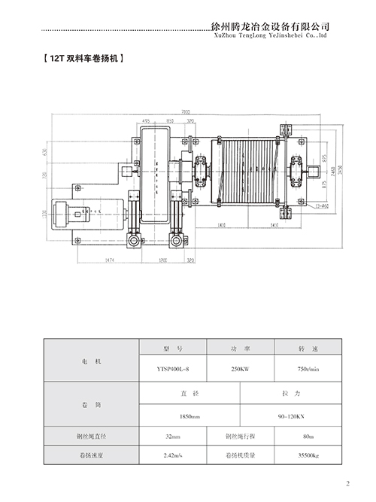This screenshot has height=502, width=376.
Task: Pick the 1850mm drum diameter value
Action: [x=190, y=415]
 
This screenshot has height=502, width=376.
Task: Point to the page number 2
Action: [x=347, y=484]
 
